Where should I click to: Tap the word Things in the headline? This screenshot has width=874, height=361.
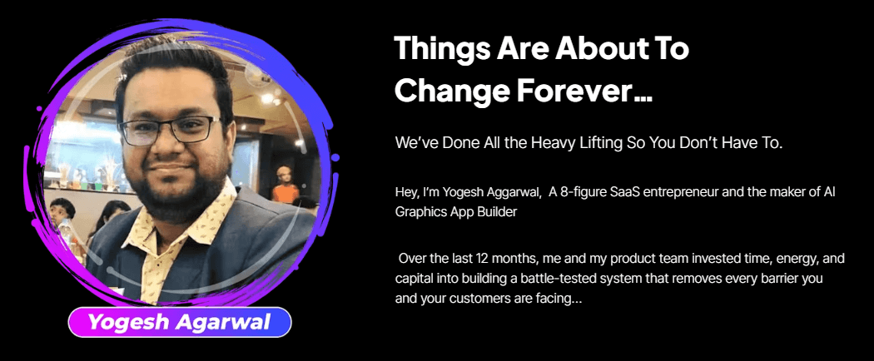(438, 49)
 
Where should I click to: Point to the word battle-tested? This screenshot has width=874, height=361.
(589, 278)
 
